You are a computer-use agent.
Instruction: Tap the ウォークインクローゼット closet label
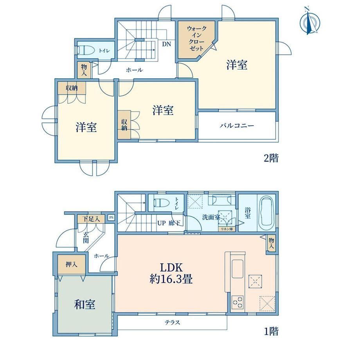(197, 38)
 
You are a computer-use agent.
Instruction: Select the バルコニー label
(237, 126)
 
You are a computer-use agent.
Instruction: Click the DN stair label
(167, 44)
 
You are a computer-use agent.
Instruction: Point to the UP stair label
(161, 223)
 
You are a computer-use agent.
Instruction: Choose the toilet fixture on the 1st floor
(162, 203)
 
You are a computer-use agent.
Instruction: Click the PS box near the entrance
(111, 217)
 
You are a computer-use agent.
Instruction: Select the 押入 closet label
(71, 264)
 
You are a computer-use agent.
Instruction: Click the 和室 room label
(85, 304)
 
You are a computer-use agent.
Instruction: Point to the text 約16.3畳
(171, 279)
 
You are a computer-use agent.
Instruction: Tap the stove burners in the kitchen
(238, 302)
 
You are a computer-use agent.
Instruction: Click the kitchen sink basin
(238, 269)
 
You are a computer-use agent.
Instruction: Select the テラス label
(173, 322)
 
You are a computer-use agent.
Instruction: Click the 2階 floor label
(271, 158)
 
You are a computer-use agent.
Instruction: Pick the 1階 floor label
(271, 331)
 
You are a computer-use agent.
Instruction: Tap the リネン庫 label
(227, 229)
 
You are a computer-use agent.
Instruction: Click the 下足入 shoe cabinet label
(91, 219)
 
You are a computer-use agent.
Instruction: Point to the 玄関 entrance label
(86, 238)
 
